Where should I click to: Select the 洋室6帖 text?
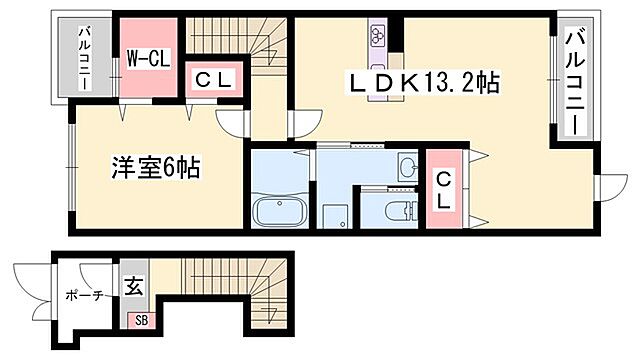tap(154, 167)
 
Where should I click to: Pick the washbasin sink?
tap(407, 165)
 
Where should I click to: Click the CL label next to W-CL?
tap(214, 80)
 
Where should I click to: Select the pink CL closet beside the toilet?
tap(445, 188)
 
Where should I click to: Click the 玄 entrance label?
tap(133, 286)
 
